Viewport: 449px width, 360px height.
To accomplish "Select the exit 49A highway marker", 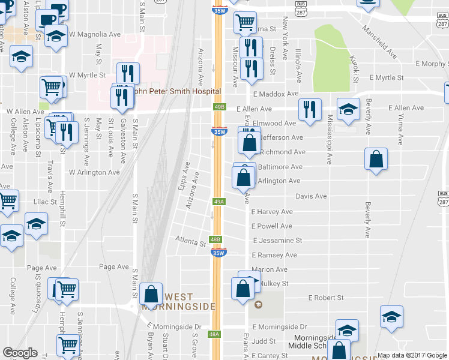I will point(219,202).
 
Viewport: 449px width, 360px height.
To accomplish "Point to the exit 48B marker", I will point(216,239).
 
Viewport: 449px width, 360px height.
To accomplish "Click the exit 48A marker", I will point(215,334).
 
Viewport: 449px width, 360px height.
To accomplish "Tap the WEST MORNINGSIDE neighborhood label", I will point(178,302).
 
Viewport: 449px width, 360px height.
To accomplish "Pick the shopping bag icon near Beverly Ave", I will point(376,160).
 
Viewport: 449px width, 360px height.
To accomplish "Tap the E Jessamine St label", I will point(277,240).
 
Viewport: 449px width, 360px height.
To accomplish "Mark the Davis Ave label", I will point(311,196).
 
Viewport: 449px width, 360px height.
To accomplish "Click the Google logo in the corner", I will point(20,353).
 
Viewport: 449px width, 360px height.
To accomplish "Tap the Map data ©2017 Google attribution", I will point(411,355).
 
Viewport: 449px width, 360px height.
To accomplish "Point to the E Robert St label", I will point(325,298).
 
